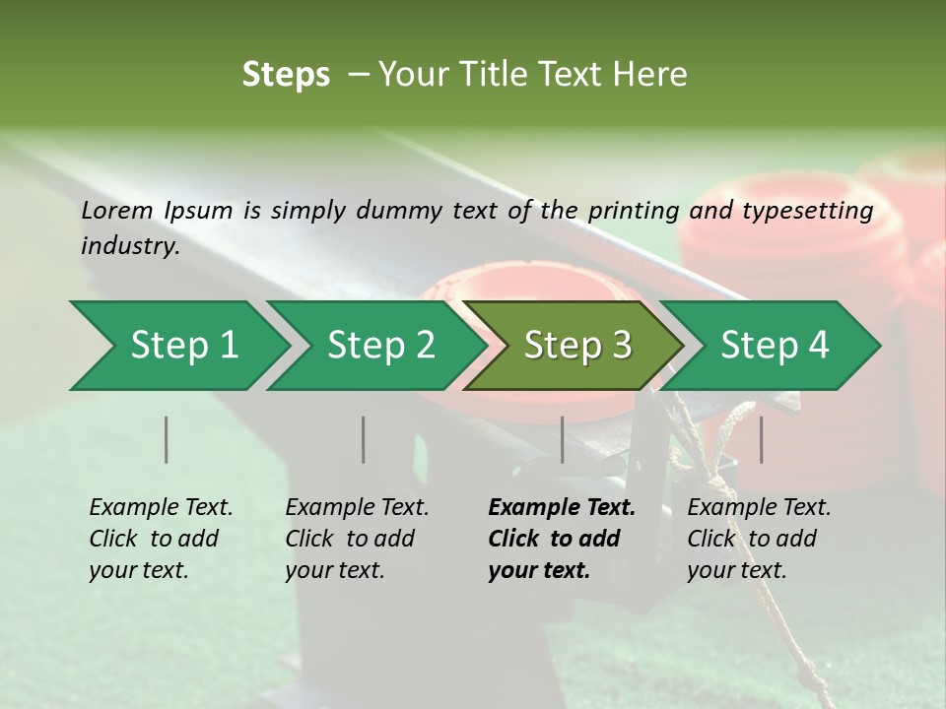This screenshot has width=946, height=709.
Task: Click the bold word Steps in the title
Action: [286, 74]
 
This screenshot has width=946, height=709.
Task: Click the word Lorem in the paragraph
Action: [117, 210]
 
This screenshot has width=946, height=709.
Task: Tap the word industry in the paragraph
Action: [130, 245]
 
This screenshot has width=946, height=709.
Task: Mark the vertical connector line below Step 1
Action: [167, 439]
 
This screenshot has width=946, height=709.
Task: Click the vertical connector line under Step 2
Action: [364, 439]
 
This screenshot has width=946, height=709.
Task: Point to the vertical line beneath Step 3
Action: [563, 439]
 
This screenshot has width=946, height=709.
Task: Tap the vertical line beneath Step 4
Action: [761, 439]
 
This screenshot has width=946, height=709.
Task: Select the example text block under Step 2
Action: [356, 539]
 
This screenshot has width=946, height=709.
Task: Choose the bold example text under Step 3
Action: [561, 539]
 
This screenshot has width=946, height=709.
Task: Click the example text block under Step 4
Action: [758, 539]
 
